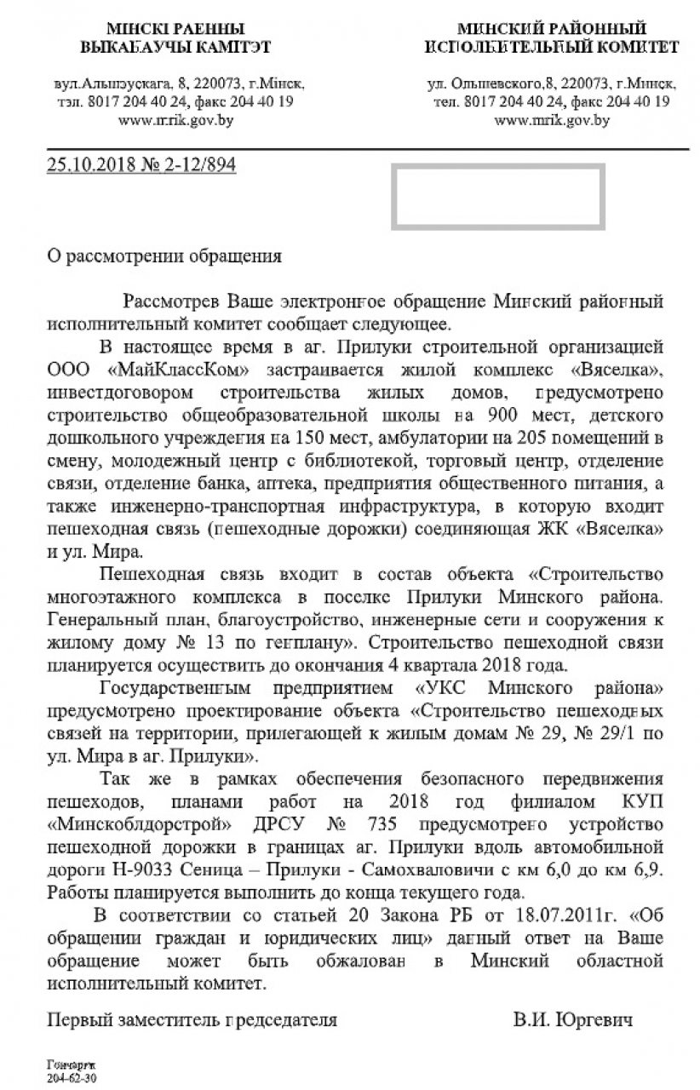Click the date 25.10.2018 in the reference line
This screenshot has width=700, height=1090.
coord(83,165)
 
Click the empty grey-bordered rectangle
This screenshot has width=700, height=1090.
coord(497,198)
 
